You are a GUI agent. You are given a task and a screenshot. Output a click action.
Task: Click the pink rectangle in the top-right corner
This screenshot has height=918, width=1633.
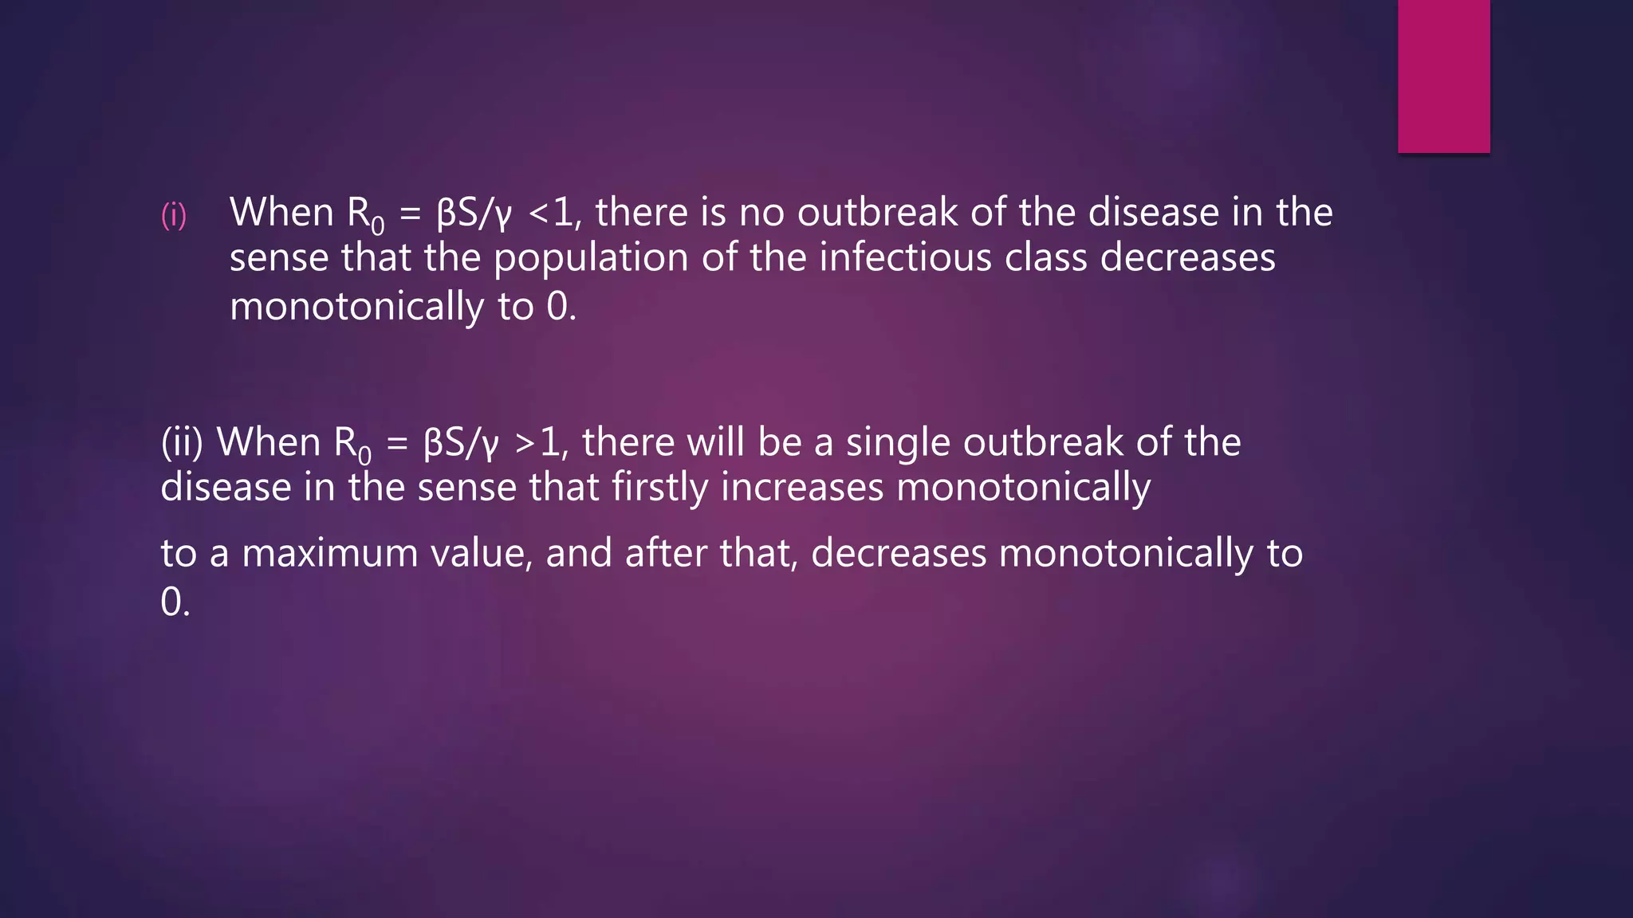(x=1443, y=76)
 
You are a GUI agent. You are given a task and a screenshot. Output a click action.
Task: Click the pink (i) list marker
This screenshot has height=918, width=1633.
(x=174, y=214)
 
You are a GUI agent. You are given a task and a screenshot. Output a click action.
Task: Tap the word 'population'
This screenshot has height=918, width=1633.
(x=591, y=259)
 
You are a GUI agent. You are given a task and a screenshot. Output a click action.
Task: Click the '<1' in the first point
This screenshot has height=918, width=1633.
(x=550, y=213)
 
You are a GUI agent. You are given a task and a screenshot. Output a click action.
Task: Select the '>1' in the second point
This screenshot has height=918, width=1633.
(x=537, y=442)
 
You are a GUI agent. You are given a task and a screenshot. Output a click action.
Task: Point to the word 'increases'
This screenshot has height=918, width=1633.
(x=802, y=487)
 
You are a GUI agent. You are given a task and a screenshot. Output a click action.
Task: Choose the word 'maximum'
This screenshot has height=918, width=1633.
(x=330, y=553)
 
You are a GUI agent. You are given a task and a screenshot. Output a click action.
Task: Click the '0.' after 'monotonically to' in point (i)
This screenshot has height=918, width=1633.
(x=561, y=307)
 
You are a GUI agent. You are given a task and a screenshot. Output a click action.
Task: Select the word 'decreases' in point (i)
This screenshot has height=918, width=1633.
(x=1187, y=257)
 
